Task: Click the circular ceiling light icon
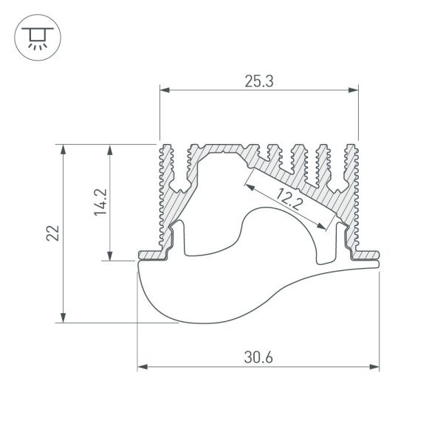coord(34,35)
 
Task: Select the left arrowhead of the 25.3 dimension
coord(165,91)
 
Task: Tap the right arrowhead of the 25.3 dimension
coord(354,91)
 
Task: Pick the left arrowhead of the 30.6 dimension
coord(142,366)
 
